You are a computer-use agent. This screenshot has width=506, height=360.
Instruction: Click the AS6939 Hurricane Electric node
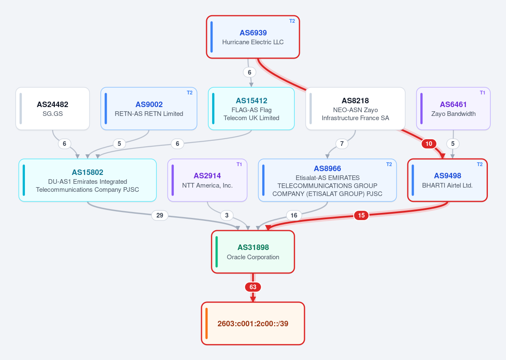click(x=253, y=37)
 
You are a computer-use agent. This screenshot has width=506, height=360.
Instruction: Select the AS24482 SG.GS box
click(x=53, y=109)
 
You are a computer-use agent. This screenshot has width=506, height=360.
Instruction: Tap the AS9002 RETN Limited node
click(x=149, y=109)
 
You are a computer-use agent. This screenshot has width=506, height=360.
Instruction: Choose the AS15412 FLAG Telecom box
click(x=251, y=109)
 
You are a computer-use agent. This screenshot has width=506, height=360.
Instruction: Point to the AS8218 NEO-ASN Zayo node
click(x=355, y=109)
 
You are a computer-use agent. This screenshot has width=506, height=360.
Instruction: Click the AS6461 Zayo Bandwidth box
click(x=453, y=109)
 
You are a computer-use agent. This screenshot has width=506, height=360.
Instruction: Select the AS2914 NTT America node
click(x=207, y=180)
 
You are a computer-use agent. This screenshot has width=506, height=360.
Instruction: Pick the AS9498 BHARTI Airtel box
click(x=447, y=180)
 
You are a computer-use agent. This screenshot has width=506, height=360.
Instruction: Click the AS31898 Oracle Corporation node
click(x=253, y=252)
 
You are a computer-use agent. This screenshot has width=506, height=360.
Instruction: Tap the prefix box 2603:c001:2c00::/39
click(x=253, y=323)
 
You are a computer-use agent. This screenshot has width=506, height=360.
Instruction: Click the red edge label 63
click(x=253, y=287)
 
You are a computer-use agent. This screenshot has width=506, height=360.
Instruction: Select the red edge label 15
click(x=361, y=215)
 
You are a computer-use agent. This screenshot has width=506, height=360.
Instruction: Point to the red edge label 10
click(x=429, y=144)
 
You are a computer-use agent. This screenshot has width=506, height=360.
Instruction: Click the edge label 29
click(x=160, y=215)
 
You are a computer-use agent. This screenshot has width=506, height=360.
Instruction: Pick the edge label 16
click(x=293, y=215)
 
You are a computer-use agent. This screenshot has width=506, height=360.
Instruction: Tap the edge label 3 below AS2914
click(x=227, y=215)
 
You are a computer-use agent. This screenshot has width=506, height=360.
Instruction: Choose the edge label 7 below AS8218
click(x=342, y=144)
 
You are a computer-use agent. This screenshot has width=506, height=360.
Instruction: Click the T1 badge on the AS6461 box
click(x=482, y=93)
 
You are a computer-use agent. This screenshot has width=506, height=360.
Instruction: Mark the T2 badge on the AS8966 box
click(x=389, y=164)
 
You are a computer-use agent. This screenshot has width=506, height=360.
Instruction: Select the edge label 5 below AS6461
click(x=453, y=144)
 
